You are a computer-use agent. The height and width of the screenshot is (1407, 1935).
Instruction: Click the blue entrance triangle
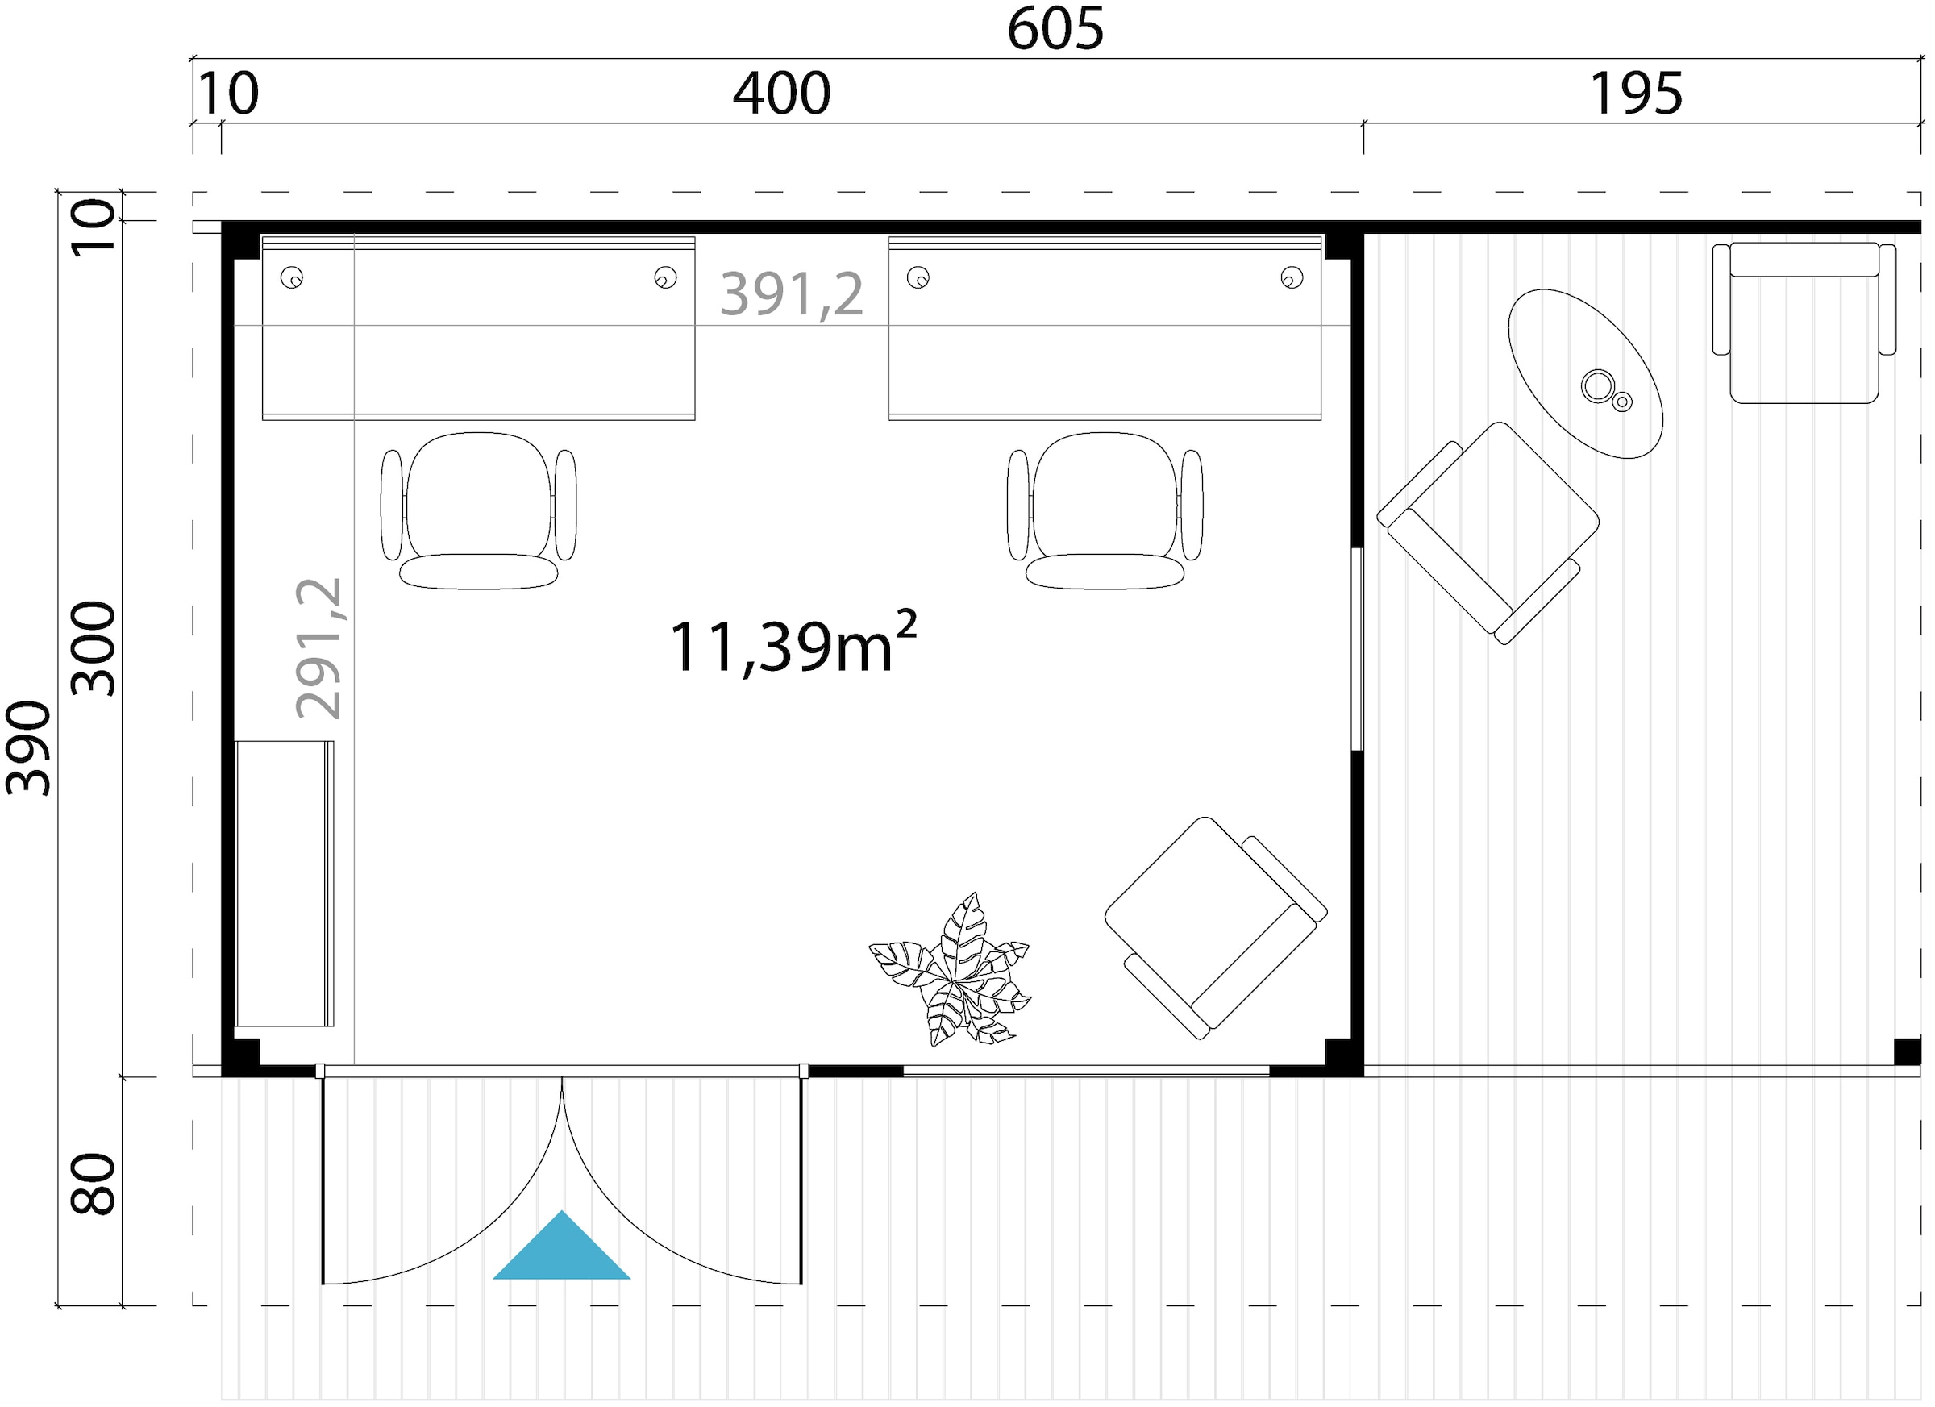[x=561, y=1247]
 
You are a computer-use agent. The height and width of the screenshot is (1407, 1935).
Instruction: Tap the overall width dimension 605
[x=1055, y=29]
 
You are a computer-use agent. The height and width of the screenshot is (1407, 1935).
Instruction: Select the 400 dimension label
[x=781, y=94]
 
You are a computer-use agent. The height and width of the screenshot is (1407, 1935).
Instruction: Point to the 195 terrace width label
[x=1637, y=94]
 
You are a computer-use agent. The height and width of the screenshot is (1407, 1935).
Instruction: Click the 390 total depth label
[x=29, y=748]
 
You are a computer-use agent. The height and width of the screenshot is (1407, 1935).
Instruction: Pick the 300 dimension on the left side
[x=93, y=648]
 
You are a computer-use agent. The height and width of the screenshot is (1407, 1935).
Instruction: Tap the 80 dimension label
[x=93, y=1184]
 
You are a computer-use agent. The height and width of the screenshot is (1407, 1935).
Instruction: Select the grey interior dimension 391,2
[x=792, y=294]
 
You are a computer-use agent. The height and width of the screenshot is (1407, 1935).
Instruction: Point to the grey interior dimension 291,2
[x=319, y=648]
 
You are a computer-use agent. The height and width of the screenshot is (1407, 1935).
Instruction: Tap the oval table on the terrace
[x=1585, y=373]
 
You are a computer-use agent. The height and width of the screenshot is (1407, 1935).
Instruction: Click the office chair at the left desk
[x=479, y=510]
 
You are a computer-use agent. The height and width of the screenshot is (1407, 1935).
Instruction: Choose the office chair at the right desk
[x=1105, y=510]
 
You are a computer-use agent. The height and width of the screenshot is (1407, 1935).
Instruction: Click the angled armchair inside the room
[x=1216, y=927]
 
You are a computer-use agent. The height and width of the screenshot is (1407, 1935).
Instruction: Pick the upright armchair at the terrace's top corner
[x=1804, y=323]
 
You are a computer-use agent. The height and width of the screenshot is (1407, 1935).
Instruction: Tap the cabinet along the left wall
[x=284, y=884]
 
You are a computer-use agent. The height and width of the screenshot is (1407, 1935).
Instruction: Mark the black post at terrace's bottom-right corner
[x=1908, y=1051]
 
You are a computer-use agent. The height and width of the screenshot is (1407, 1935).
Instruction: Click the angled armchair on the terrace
[x=1488, y=532]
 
